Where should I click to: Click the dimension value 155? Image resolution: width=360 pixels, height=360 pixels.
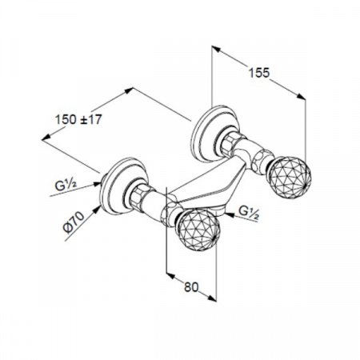(258, 71)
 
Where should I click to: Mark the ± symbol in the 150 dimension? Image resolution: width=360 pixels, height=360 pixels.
(92, 120)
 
